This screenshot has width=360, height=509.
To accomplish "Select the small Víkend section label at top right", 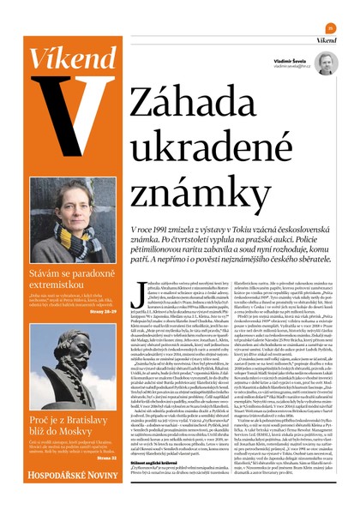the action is pyautogui.click(x=326, y=40).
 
